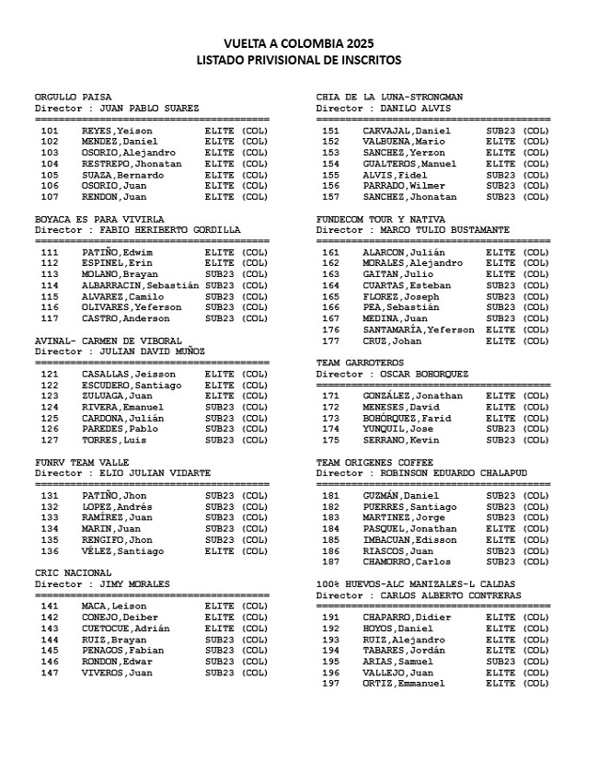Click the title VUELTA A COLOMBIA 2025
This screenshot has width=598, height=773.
(299, 43)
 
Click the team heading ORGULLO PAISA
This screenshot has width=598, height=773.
(73, 97)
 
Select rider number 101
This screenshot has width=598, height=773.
(50, 131)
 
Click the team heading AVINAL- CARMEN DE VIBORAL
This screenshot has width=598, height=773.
(108, 340)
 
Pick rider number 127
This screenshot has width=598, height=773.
(50, 440)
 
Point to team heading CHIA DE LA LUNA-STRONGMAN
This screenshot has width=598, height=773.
(389, 97)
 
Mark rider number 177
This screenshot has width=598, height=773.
(330, 340)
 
